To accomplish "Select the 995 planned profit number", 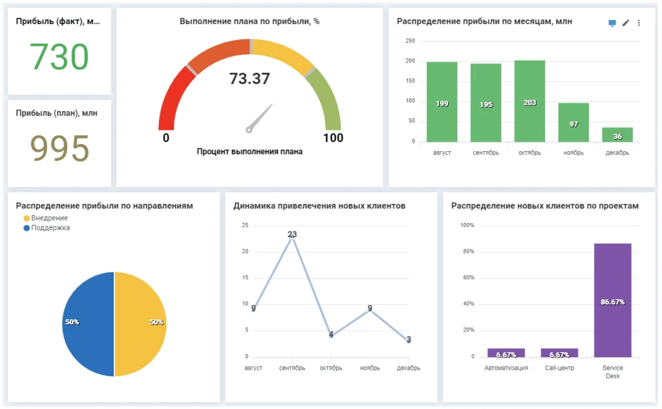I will point(59,149).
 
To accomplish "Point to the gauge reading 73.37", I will point(250,79).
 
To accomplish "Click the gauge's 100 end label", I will point(333,138).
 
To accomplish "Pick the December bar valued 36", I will point(617,134).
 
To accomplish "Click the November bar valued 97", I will point(573,122).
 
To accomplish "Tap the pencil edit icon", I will point(625,23).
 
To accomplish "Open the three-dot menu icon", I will point(639,23).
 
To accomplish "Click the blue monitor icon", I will point(612,23).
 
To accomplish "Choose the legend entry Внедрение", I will point(49,218).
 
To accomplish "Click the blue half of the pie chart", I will point(88,324).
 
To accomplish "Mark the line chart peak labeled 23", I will point(292,235).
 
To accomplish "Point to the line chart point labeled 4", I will point(331,335).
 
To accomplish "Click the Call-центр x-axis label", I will point(559,368).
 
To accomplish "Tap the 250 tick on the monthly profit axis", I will point(410,41).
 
